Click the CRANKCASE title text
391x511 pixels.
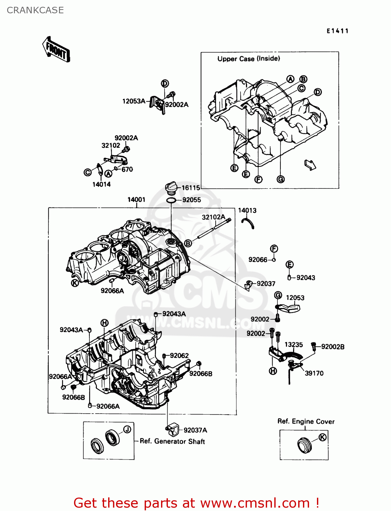(x=35, y=10)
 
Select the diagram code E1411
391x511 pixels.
(x=337, y=31)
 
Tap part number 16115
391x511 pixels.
(x=190, y=188)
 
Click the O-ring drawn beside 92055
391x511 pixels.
(x=171, y=200)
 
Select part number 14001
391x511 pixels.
(x=136, y=200)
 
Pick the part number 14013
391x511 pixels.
(x=247, y=211)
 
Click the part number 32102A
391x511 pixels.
(x=214, y=217)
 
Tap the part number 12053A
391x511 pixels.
(x=134, y=101)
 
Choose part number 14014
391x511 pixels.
(x=101, y=184)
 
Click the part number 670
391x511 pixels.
(x=127, y=169)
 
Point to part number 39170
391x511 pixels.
(x=314, y=373)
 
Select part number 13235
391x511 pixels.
(x=293, y=345)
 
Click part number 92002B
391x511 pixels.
(x=333, y=347)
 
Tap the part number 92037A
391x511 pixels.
(x=195, y=430)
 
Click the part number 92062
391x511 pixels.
(x=179, y=356)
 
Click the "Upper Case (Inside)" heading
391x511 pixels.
(x=249, y=59)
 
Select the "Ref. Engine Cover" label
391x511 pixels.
(x=306, y=421)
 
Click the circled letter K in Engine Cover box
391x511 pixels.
(x=322, y=437)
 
